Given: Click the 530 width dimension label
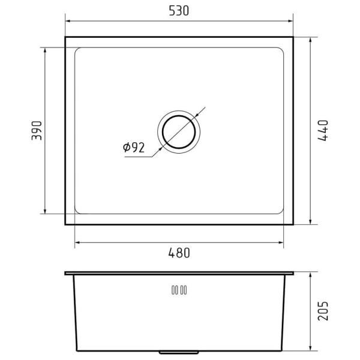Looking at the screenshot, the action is point(179,11).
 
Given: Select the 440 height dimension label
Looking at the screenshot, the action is point(323,130).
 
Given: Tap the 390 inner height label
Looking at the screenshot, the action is point(37,131).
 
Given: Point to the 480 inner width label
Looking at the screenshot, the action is point(179,253).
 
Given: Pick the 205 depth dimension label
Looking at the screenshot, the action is point(323,311).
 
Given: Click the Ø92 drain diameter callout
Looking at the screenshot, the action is point(134,148).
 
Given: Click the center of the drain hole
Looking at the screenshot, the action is point(179,132).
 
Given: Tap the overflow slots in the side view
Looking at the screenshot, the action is point(179,290).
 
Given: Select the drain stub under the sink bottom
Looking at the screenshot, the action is point(179,352).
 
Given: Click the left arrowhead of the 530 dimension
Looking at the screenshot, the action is point(68,21).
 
